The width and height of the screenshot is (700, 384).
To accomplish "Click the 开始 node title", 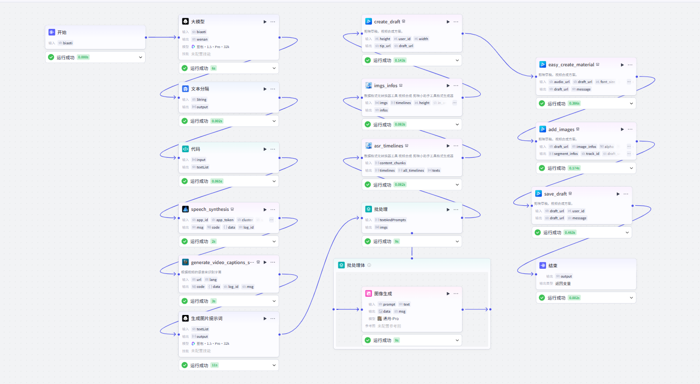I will (x=62, y=32).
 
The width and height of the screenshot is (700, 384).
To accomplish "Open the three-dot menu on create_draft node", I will (x=456, y=21).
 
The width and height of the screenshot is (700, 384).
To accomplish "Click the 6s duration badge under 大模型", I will (x=213, y=68).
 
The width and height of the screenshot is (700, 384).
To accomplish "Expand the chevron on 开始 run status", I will (x=140, y=57).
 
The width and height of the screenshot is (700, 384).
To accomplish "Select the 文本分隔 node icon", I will (x=185, y=89).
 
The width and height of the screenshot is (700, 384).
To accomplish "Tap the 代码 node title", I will (x=196, y=149).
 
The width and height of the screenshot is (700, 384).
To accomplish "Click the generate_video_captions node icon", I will (x=185, y=262).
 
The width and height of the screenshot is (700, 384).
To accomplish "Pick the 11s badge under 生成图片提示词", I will (x=214, y=365).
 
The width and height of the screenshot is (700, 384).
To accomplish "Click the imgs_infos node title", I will (x=385, y=85).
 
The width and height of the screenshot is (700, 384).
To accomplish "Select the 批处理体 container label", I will (x=356, y=265).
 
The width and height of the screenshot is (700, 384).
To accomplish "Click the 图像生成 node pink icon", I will (x=368, y=293).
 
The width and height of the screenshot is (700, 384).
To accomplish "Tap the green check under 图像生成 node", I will (x=368, y=340).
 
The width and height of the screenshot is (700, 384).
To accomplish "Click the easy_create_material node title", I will (x=571, y=65).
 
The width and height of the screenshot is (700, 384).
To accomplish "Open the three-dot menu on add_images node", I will (x=630, y=129).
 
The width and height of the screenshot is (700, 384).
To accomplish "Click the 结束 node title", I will (x=553, y=265).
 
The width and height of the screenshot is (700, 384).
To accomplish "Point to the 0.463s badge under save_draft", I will (x=570, y=232).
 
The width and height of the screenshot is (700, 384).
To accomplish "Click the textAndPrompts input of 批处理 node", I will (x=392, y=220).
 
